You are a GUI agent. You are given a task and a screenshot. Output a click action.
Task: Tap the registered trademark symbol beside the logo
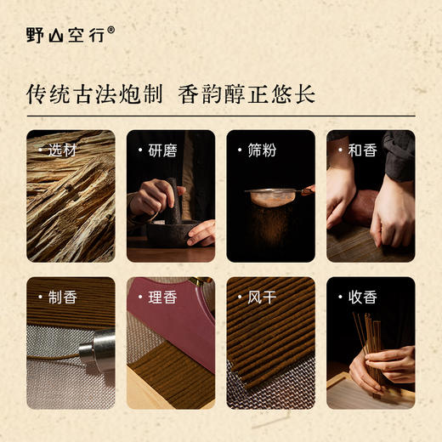click(110, 29)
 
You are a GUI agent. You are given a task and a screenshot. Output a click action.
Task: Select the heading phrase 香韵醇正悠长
click(254, 93)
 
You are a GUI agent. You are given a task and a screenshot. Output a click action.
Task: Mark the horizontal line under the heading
click(221, 116)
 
